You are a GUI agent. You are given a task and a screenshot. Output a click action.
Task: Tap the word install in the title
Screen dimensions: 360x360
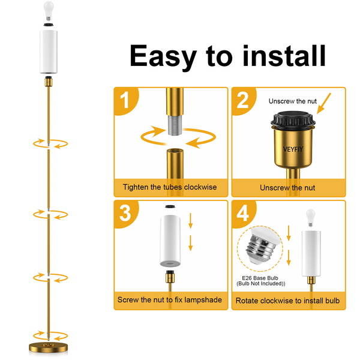(284, 56)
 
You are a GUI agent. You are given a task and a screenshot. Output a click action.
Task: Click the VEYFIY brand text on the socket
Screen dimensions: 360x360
(293, 149)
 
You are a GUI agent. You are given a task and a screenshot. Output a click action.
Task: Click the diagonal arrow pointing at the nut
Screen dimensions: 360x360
(324, 103)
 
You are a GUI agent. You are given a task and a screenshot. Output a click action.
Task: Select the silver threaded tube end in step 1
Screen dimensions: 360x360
(175, 125)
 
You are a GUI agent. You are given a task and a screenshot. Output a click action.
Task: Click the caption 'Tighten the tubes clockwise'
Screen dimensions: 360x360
(170, 187)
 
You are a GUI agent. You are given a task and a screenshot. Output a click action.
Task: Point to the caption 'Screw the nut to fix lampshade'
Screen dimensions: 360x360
(170, 300)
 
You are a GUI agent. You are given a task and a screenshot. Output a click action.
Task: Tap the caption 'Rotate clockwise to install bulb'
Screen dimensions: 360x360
(287, 301)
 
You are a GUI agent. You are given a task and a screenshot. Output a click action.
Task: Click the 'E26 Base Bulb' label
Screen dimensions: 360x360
(260, 278)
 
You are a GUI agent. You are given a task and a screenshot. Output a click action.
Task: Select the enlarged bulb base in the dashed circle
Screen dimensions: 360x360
(263, 245)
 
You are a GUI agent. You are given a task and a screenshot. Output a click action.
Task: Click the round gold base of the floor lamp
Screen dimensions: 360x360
(48, 348)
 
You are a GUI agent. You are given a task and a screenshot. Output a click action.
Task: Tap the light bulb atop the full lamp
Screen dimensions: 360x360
(49, 11)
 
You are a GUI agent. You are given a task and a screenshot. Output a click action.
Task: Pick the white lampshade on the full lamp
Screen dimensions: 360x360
(49, 52)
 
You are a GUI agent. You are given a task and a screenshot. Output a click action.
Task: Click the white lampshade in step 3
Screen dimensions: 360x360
(170, 241)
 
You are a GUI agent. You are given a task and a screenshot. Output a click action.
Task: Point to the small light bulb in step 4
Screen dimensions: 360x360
(311, 218)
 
